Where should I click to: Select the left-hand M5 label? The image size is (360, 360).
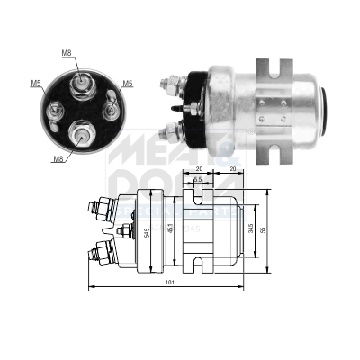pyautogui.click(x=36, y=84)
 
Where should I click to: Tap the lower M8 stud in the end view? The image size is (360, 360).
pyautogui.click(x=82, y=135)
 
